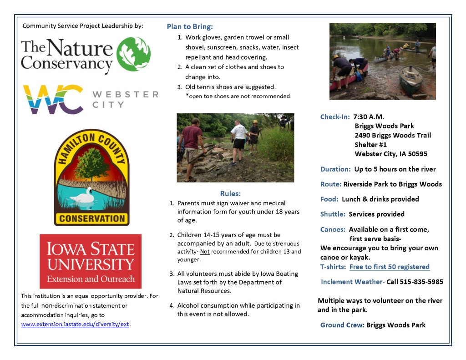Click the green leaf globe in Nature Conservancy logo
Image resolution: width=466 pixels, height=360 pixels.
(133, 54)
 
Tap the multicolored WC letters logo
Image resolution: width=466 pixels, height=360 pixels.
(53, 99)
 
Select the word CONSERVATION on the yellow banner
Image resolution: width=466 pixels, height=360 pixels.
(92, 218)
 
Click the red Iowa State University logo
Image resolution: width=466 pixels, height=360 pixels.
(91, 261)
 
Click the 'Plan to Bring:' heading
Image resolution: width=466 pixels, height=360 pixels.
(190, 26)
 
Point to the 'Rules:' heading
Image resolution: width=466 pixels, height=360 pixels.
(230, 193)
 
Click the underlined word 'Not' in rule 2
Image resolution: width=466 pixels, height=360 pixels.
(205, 252)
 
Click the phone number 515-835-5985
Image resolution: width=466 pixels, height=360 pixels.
(421, 282)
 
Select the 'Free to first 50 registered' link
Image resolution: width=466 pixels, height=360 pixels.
(389, 267)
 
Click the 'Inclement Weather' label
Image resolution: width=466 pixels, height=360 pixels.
(351, 282)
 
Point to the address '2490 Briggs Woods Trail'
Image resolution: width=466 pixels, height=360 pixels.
(393, 135)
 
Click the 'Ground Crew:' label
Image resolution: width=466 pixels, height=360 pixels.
(342, 325)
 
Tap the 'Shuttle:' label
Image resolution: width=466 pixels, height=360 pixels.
(333, 214)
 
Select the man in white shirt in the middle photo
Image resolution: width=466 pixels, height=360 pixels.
(238, 138)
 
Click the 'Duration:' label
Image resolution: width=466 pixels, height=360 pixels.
(335, 169)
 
